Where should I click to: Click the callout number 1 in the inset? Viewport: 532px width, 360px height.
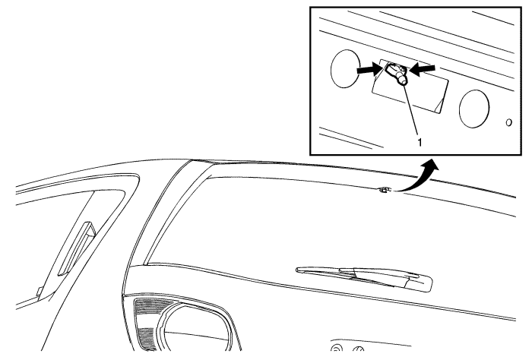(x=420, y=142)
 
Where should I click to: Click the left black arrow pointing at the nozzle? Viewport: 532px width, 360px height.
(x=369, y=70)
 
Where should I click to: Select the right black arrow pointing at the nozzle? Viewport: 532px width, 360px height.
(x=423, y=69)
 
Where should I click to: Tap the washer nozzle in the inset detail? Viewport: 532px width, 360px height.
(x=396, y=74)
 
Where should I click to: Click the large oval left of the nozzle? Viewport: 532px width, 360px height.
(x=345, y=69)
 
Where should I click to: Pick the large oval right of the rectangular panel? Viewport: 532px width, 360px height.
(x=474, y=109)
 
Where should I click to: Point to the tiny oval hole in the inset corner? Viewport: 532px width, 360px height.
(x=508, y=122)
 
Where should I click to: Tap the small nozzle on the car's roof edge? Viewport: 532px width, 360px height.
(x=384, y=190)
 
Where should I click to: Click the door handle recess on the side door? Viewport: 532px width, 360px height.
(x=78, y=248)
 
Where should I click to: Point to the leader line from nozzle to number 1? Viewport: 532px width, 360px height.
(x=411, y=110)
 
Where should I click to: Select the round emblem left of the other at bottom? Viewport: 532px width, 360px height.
(x=335, y=349)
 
